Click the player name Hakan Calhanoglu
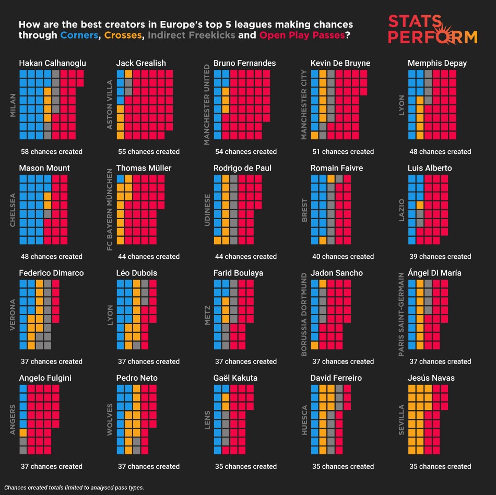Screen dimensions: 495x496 click(x=52, y=63)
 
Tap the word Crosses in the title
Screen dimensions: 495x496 click(x=123, y=36)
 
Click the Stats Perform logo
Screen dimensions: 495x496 click(x=432, y=30)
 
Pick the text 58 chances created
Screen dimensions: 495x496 click(x=52, y=152)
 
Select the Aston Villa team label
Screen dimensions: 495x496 click(x=110, y=105)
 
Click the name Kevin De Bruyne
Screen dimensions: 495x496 click(x=340, y=63)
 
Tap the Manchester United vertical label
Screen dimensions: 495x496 click(x=207, y=105)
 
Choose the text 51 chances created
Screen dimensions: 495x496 click(x=343, y=152)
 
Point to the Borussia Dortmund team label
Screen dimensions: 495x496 click(x=304, y=315)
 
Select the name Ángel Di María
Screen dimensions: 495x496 click(x=434, y=273)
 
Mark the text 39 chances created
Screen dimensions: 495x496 click(x=440, y=257)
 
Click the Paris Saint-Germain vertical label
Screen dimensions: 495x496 click(x=401, y=315)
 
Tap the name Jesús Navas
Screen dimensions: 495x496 click(x=431, y=378)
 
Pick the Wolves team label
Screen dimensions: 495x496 click(x=110, y=419)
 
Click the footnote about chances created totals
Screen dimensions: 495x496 click(x=74, y=488)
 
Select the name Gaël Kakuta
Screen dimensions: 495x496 click(x=235, y=378)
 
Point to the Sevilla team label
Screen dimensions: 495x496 click(x=401, y=419)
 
